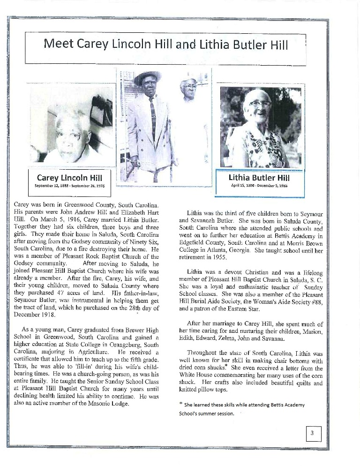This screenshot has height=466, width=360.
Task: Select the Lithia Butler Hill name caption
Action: (x=259, y=177)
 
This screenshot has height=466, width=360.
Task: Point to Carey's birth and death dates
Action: (x=69, y=186)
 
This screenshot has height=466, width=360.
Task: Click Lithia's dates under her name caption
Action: (x=259, y=185)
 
